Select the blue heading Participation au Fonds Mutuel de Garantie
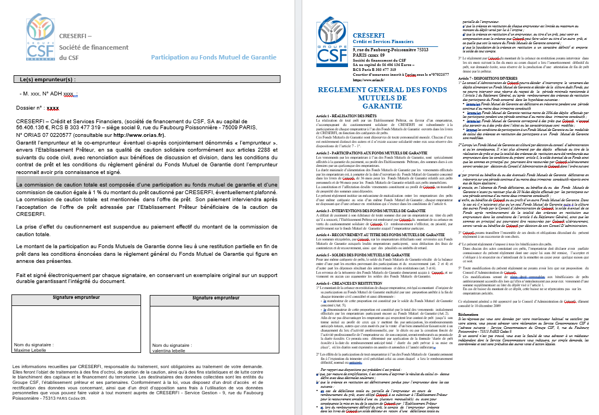(213, 57)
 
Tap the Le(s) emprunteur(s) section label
(47, 79)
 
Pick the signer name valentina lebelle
(169, 350)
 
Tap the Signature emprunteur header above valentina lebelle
(216, 298)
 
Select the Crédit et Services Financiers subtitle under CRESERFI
(383, 41)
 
